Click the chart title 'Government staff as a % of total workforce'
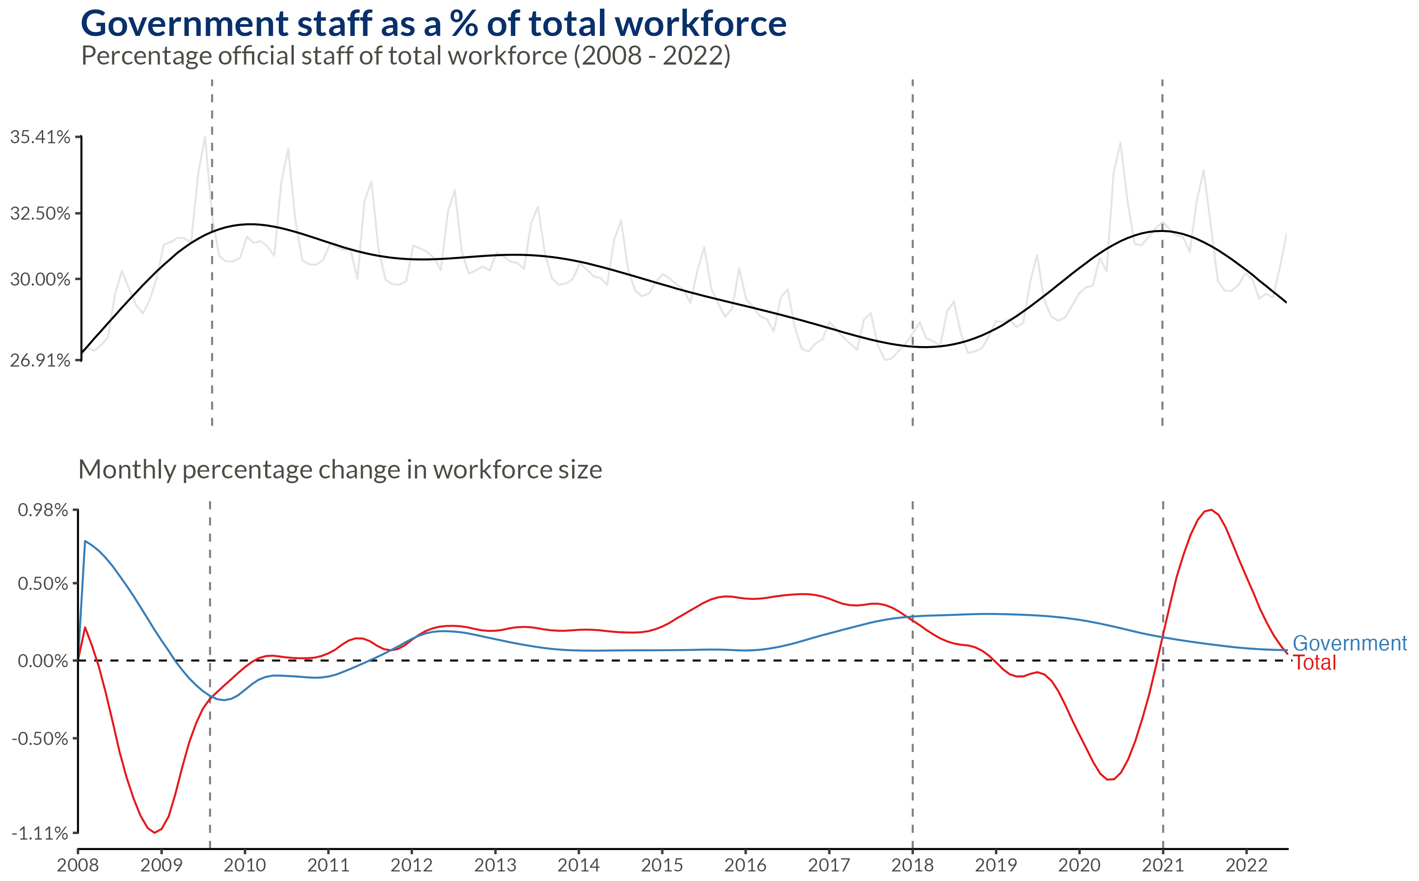(x=433, y=25)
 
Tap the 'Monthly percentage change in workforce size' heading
(x=340, y=470)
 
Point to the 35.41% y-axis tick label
(x=40, y=137)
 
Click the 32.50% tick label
(x=40, y=213)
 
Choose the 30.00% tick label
(x=40, y=280)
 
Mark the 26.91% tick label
(x=40, y=361)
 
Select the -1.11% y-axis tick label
(x=40, y=833)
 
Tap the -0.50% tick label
(x=40, y=739)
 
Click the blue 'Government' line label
(x=1349, y=643)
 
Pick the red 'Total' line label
(x=1315, y=663)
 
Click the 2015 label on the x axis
(x=662, y=865)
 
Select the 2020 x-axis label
(x=1079, y=865)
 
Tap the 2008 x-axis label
(x=77, y=865)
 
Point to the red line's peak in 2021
(x=1212, y=510)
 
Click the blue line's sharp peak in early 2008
(x=85, y=541)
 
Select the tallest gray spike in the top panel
(x=205, y=137)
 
